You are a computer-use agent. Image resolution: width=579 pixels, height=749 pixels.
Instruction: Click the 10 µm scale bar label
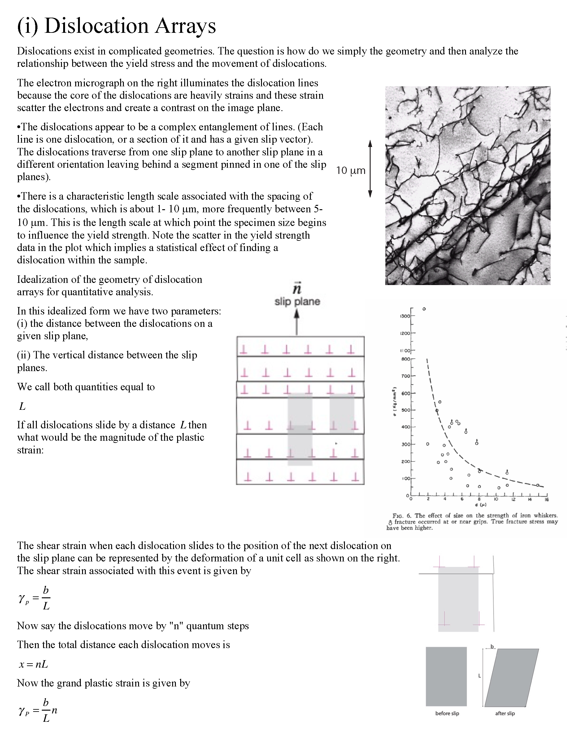tap(350, 171)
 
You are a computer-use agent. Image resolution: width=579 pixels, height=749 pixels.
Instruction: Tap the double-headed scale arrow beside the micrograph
tap(370, 168)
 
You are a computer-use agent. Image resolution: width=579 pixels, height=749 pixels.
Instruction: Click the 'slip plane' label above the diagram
tap(297, 302)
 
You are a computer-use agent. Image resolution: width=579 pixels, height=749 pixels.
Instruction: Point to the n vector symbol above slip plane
tap(297, 289)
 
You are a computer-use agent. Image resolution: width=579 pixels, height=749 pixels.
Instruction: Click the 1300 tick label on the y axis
tap(405, 316)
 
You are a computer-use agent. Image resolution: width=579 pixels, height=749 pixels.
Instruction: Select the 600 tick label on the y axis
tap(406, 393)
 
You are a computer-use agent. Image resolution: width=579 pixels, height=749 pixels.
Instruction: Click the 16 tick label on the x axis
tap(547, 500)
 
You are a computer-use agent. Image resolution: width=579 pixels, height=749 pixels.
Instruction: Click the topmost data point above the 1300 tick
tap(424, 309)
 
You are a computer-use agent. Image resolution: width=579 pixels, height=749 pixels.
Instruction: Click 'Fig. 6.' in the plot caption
tap(402, 515)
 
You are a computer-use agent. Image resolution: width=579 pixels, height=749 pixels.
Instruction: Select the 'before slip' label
tap(447, 713)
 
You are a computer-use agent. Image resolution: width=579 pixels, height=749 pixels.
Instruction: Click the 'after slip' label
tap(505, 713)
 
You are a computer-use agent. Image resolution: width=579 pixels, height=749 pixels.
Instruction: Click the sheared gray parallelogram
tap(512, 677)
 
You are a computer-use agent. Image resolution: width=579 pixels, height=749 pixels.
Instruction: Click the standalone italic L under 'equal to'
tap(23, 406)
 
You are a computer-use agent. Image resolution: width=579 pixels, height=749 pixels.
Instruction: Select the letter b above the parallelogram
tap(492, 647)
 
